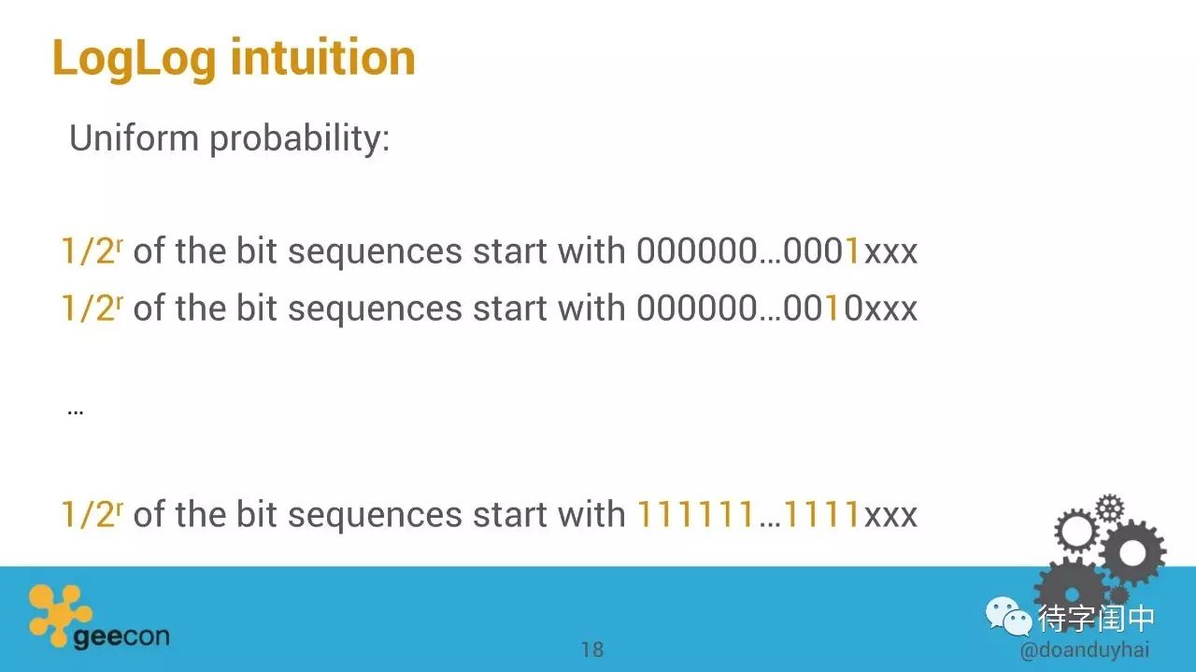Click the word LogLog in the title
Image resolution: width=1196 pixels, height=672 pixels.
[135, 60]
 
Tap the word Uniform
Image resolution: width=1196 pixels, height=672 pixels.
[134, 137]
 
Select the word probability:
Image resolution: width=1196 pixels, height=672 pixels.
[300, 139]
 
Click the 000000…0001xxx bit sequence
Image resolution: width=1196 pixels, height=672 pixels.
[776, 250]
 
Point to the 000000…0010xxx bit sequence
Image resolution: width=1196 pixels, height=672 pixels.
[776, 308]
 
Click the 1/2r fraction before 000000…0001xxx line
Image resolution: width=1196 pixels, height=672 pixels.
[92, 250]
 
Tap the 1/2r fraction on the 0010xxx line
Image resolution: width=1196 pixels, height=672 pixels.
[92, 307]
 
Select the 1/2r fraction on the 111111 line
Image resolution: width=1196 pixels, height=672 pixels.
[92, 513]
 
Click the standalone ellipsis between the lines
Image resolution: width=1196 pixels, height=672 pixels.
[76, 413]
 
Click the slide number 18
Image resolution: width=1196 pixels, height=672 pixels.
[592, 650]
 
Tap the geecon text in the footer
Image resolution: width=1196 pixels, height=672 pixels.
[121, 636]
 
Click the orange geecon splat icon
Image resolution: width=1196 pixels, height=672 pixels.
[59, 615]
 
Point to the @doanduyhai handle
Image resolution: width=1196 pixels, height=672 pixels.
[1085, 651]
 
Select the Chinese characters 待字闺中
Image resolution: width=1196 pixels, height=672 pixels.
[1096, 619]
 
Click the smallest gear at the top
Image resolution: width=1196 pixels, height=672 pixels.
[1110, 508]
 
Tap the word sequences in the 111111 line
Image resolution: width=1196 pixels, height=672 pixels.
[375, 516]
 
